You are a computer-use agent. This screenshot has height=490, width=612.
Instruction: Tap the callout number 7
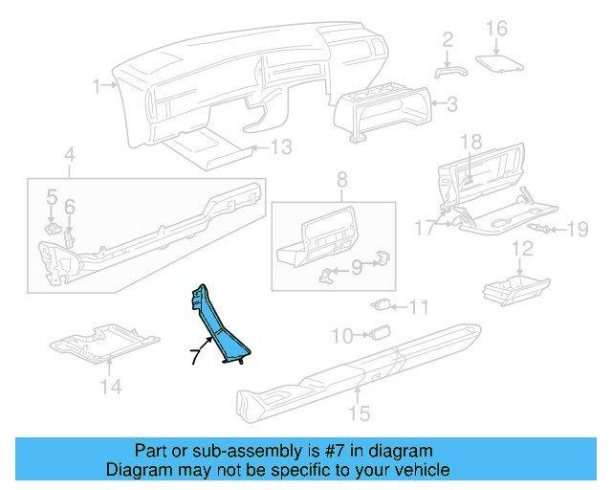(x=195, y=356)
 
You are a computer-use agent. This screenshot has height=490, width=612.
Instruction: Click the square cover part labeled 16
(x=499, y=62)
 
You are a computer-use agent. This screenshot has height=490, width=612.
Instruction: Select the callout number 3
(x=452, y=103)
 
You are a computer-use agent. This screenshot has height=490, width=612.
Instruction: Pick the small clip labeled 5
(x=55, y=228)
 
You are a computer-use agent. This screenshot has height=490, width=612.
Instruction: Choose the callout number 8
(x=340, y=179)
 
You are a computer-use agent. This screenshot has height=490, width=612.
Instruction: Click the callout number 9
(x=358, y=268)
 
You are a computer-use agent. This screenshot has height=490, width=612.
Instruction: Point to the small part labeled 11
(x=380, y=305)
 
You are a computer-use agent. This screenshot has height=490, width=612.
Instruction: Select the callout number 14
(x=112, y=387)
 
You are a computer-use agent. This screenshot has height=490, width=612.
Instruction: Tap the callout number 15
(x=359, y=413)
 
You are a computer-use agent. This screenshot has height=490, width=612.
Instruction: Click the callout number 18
(x=472, y=141)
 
